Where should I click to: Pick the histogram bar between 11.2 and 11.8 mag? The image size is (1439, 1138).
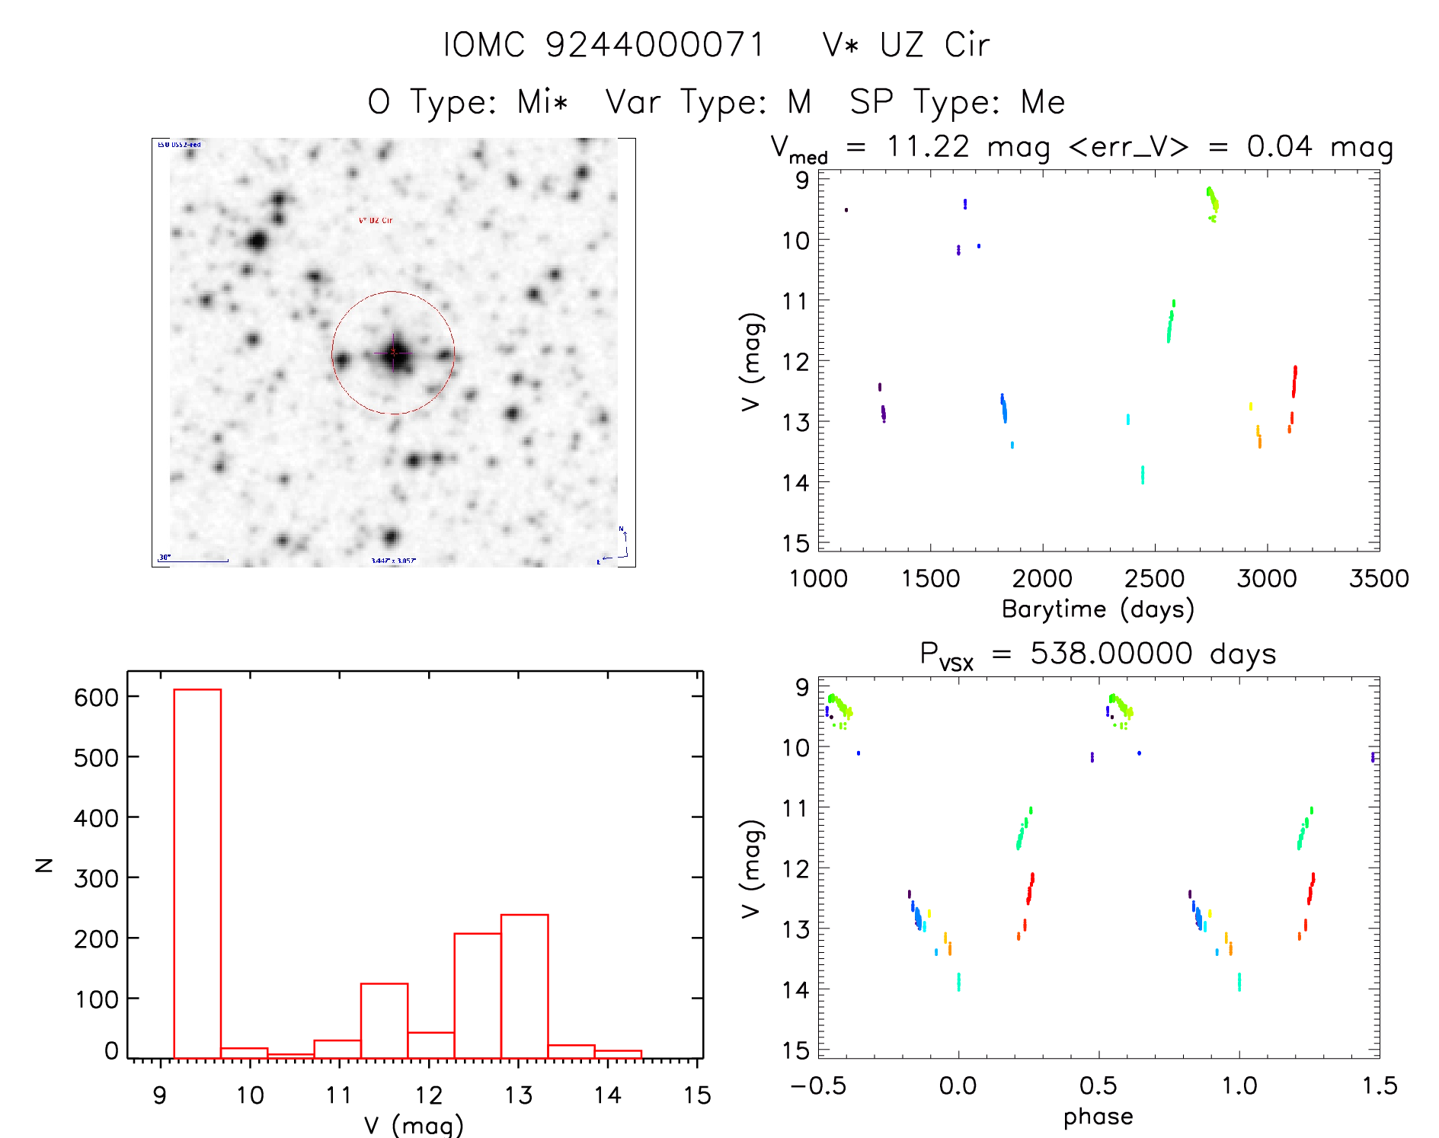pyautogui.click(x=384, y=1021)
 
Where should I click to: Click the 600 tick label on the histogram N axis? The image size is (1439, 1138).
pyautogui.click(x=96, y=697)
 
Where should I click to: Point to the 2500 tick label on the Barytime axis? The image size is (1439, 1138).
pyautogui.click(x=1154, y=579)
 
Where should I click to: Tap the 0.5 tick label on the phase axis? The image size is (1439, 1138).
pyautogui.click(x=1098, y=1085)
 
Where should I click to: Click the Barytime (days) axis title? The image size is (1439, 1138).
pyautogui.click(x=1098, y=609)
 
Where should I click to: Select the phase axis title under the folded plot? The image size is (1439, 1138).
pyautogui.click(x=1098, y=1117)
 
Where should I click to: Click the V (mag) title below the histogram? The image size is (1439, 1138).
pyautogui.click(x=414, y=1125)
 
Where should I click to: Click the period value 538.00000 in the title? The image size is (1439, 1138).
pyautogui.click(x=1111, y=654)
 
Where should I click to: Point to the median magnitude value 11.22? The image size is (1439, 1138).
pyautogui.click(x=928, y=146)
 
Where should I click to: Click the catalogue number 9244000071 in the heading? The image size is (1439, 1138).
pyautogui.click(x=655, y=45)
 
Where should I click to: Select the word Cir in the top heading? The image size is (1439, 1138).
pyautogui.click(x=967, y=45)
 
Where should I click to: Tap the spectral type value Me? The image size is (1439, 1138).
pyautogui.click(x=1043, y=102)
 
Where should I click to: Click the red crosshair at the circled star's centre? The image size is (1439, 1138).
pyautogui.click(x=393, y=353)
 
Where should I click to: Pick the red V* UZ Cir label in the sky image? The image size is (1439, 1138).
pyautogui.click(x=376, y=220)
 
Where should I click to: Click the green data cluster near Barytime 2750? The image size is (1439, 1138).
pyautogui.click(x=1212, y=201)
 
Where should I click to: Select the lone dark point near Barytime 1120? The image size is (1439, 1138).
pyautogui.click(x=846, y=209)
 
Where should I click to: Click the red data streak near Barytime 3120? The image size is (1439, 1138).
pyautogui.click(x=1294, y=381)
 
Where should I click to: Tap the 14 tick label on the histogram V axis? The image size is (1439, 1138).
pyautogui.click(x=607, y=1095)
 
